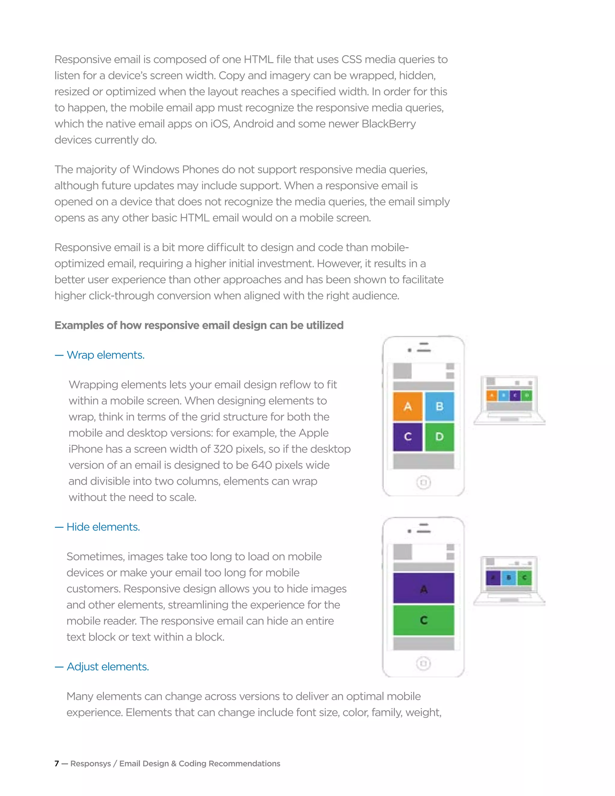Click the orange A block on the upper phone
pyautogui.click(x=408, y=406)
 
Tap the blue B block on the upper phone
pyautogui.click(x=439, y=406)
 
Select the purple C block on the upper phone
pyautogui.click(x=408, y=437)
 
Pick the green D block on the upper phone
pyautogui.click(x=439, y=437)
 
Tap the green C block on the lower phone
pyautogui.click(x=423, y=620)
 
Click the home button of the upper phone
pyautogui.click(x=423, y=483)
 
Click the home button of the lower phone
pyautogui.click(x=423, y=663)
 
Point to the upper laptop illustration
pyautogui.click(x=509, y=400)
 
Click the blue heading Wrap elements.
pyautogui.click(x=106, y=355)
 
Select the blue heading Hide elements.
pyautogui.click(x=103, y=527)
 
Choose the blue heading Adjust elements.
pyautogui.click(x=108, y=667)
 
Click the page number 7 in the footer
pyautogui.click(x=56, y=764)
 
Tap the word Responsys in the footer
pyautogui.click(x=90, y=764)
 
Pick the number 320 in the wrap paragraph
pyautogui.click(x=223, y=449)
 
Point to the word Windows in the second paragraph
pyautogui.click(x=156, y=169)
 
